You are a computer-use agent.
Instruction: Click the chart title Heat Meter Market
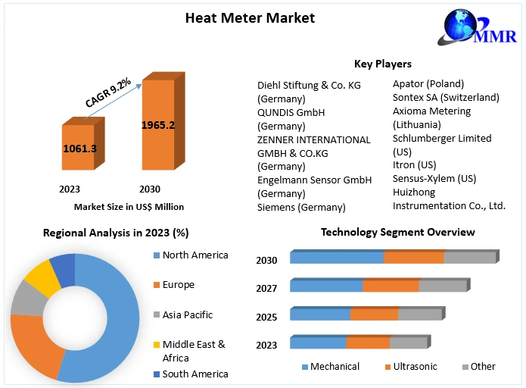tap(250, 17)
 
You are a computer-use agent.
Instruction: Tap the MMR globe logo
tap(462, 27)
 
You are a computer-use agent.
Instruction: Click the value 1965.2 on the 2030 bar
tap(158, 125)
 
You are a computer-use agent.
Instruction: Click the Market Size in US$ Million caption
tap(129, 206)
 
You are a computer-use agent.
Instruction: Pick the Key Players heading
tap(382, 64)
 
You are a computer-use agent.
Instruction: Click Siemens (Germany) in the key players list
tap(301, 207)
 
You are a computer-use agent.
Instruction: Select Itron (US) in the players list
tap(414, 165)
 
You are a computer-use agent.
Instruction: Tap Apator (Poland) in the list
tap(428, 83)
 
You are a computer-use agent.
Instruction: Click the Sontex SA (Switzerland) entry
tap(446, 97)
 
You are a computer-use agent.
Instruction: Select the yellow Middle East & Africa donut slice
tap(42, 277)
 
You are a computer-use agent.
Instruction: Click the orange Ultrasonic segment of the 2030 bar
tap(413, 258)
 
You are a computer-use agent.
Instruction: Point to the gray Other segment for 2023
tap(409, 343)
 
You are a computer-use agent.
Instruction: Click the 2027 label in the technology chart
tap(267, 288)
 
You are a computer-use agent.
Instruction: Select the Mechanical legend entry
tap(330, 367)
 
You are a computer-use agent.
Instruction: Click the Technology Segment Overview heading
tap(397, 232)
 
